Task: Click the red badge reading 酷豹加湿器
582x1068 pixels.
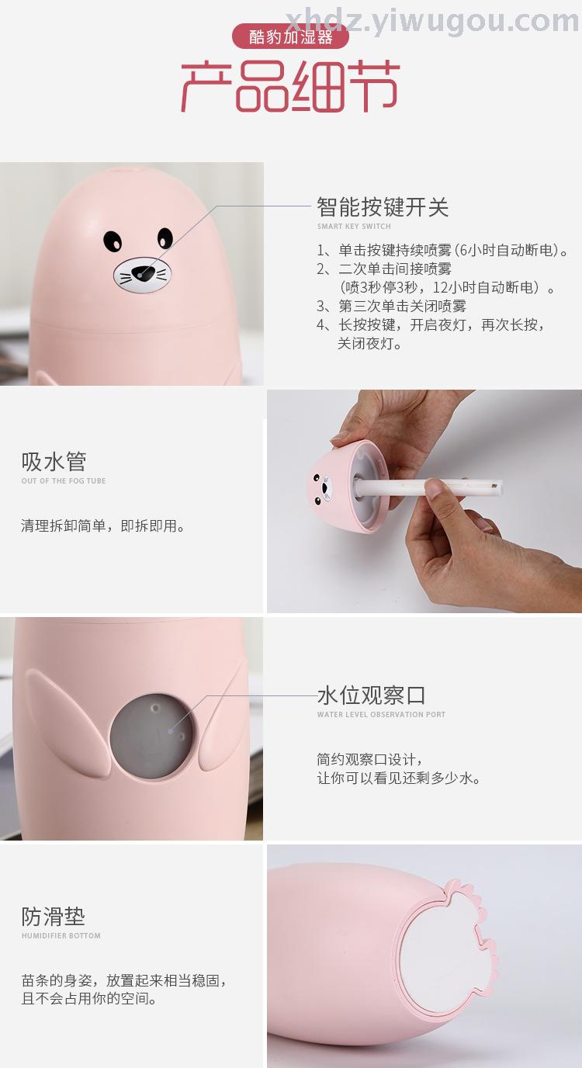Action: [290, 36]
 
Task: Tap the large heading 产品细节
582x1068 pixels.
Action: [290, 86]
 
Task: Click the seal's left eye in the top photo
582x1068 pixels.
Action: [113, 241]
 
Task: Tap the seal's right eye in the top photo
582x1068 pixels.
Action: [165, 238]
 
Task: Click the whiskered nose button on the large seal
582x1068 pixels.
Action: [142, 275]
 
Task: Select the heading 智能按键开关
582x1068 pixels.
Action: [383, 207]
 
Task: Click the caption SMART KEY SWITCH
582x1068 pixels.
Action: [354, 226]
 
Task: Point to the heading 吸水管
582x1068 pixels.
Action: [54, 462]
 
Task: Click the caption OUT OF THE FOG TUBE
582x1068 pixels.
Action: [64, 480]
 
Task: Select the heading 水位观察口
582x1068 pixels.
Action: [372, 695]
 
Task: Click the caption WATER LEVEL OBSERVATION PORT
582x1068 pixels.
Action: [381, 714]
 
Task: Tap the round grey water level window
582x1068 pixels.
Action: [152, 736]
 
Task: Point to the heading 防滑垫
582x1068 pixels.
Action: [54, 917]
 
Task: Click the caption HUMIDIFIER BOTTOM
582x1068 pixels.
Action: [61, 935]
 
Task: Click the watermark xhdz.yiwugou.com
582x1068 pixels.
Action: [432, 20]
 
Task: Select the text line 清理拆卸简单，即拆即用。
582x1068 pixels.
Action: [103, 526]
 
